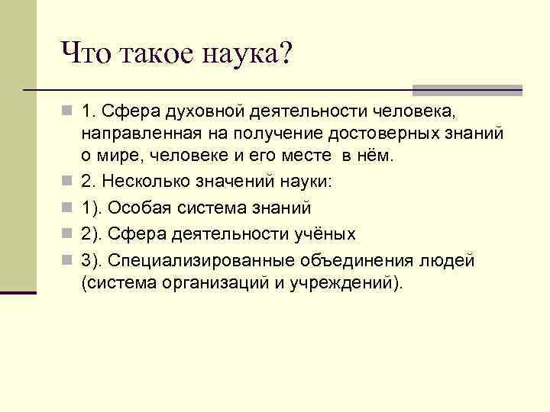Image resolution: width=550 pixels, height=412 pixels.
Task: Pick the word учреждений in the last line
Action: click(x=338, y=282)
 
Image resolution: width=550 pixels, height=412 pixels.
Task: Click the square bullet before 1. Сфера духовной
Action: click(x=69, y=113)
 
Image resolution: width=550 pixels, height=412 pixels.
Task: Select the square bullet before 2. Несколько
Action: click(x=69, y=183)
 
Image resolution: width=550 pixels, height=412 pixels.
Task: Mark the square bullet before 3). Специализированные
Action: click(x=69, y=260)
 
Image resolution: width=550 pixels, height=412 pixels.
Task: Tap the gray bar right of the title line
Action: click(x=467, y=89)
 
